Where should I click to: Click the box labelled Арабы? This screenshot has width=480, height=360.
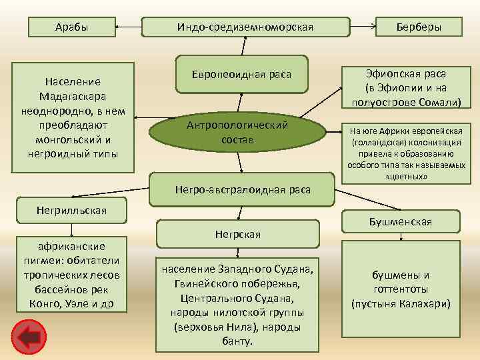pyautogui.click(x=71, y=27)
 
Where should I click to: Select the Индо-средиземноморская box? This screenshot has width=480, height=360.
pyautogui.click(x=245, y=27)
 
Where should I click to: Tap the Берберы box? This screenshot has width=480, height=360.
pyautogui.click(x=418, y=27)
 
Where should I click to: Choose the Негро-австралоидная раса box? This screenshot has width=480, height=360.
pyautogui.click(x=243, y=189)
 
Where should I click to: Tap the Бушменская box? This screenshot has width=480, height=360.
pyautogui.click(x=400, y=222)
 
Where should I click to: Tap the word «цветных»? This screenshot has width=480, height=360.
pyautogui.click(x=406, y=177)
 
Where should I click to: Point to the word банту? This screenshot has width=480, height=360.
pyautogui.click(x=237, y=341)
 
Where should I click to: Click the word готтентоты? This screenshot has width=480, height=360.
pyautogui.click(x=400, y=289)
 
